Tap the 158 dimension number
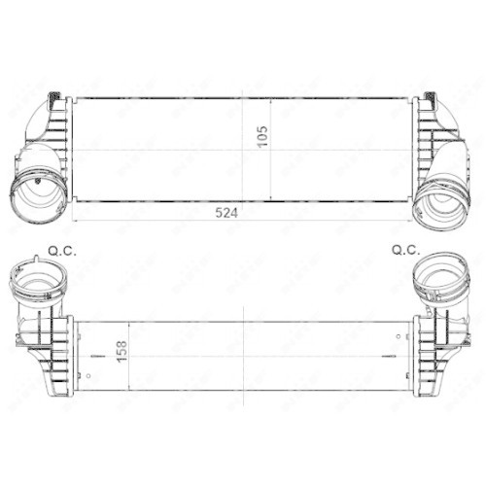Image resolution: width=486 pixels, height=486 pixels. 121,349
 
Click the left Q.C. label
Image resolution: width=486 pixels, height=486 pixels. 60,250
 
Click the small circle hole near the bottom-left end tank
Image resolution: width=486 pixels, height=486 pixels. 90,370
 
